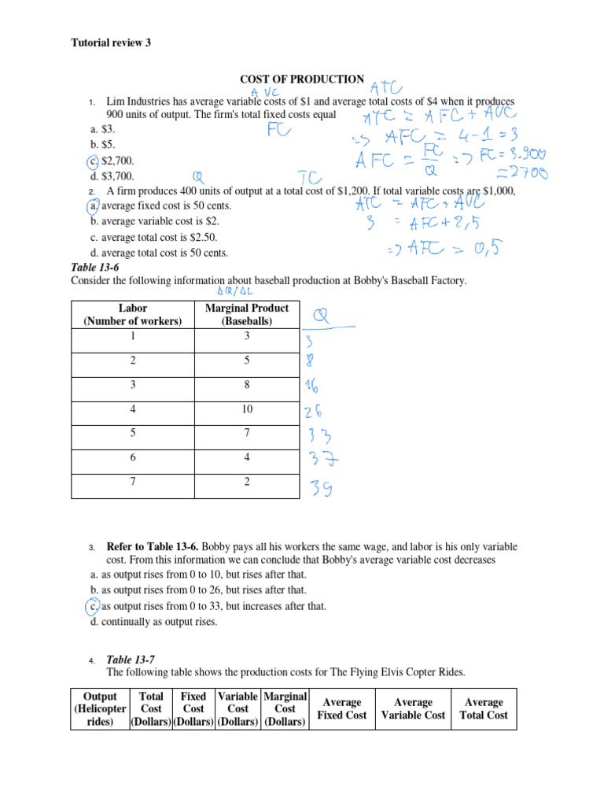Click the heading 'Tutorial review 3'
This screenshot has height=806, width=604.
[x=111, y=43]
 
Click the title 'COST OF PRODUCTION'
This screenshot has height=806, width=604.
[x=302, y=79]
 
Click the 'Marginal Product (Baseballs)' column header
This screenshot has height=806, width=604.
[x=246, y=315]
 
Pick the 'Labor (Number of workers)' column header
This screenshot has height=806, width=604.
[x=127, y=315]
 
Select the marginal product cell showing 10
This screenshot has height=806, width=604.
[x=246, y=409]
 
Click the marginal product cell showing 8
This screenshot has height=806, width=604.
[x=246, y=386]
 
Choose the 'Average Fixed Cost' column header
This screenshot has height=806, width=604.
[x=342, y=709]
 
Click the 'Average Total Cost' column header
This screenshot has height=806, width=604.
[x=484, y=709]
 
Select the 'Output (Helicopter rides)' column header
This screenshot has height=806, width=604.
[x=100, y=709]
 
